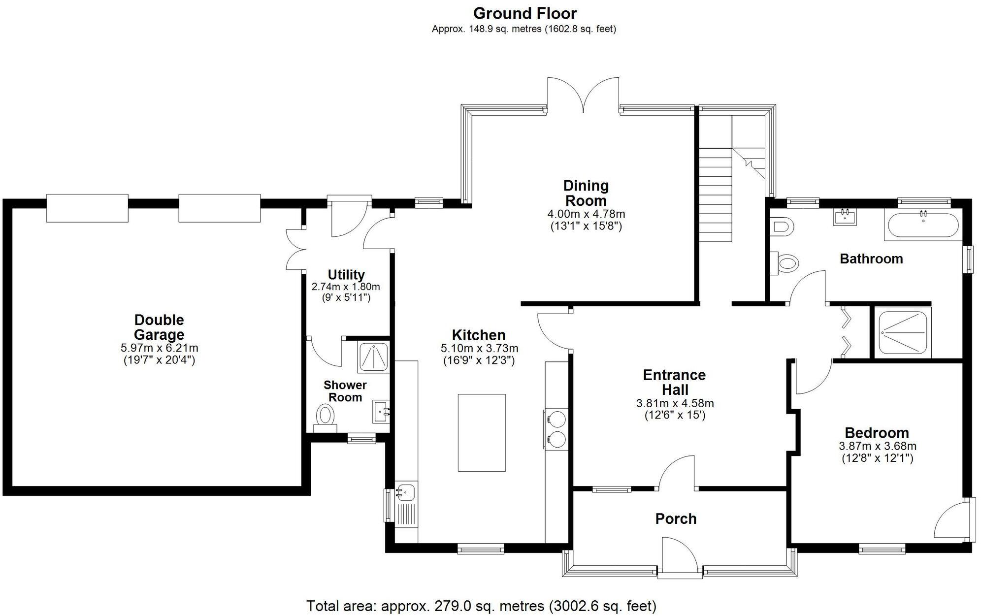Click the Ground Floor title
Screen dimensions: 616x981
click(524, 13)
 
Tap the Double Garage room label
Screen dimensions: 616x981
click(159, 327)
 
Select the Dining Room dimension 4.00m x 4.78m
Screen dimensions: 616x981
click(586, 214)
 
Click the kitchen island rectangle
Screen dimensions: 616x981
click(482, 432)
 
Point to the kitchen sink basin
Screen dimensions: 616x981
click(406, 491)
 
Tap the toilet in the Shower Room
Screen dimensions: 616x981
click(325, 415)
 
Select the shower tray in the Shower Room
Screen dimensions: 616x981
click(373, 357)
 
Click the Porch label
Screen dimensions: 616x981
click(676, 519)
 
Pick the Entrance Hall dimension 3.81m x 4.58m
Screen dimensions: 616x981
click(675, 403)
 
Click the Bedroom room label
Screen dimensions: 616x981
click(877, 433)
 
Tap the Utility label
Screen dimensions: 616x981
click(346, 274)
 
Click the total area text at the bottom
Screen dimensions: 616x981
click(481, 605)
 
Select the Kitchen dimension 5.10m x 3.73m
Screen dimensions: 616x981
click(479, 348)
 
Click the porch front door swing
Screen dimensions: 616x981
click(679, 554)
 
